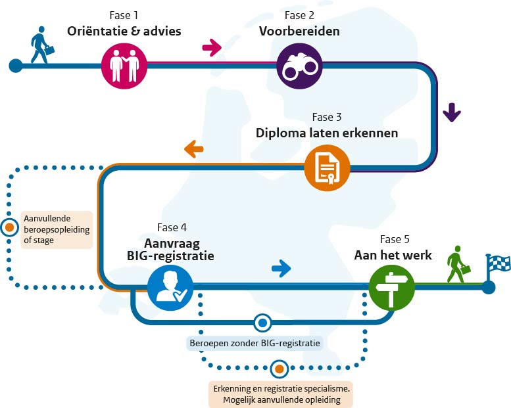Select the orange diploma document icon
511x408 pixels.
click(x=328, y=168)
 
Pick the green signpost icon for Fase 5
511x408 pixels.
click(x=392, y=287)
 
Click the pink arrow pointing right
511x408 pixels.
click(x=211, y=47)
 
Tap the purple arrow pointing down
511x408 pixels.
click(x=451, y=113)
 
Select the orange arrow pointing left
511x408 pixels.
click(x=193, y=149)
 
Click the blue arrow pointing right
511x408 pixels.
click(x=281, y=267)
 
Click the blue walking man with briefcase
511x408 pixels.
click(x=41, y=45)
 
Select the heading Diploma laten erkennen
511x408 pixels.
click(x=326, y=133)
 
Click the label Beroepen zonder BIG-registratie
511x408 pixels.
click(x=255, y=342)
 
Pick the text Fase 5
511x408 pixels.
click(x=394, y=239)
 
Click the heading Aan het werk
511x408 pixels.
click(x=393, y=254)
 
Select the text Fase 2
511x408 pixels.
click(x=299, y=14)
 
